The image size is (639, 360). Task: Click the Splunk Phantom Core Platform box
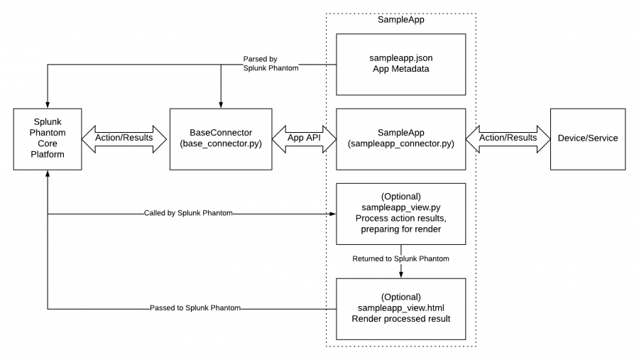click(x=48, y=139)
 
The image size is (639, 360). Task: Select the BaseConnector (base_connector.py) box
click(x=221, y=139)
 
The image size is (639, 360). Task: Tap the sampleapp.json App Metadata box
click(x=400, y=65)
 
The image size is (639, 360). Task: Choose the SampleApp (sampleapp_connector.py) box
click(x=400, y=139)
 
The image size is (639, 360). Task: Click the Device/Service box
click(x=588, y=139)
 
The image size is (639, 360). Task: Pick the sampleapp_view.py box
click(x=400, y=214)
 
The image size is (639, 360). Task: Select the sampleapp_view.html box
click(x=400, y=309)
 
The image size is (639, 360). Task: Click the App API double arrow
click(x=304, y=139)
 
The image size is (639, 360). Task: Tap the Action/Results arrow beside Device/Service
click(x=508, y=139)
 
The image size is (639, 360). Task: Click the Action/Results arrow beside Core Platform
click(x=124, y=139)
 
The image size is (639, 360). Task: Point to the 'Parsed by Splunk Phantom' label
click(x=271, y=64)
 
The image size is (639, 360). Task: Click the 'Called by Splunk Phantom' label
click(x=188, y=213)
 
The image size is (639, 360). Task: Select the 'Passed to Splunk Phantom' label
click(x=195, y=308)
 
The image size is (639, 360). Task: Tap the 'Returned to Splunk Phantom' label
click(x=400, y=258)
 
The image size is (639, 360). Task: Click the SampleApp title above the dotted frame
click(x=400, y=20)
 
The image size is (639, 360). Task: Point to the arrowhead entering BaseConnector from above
click(x=221, y=105)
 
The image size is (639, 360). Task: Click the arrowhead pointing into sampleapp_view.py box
click(x=333, y=214)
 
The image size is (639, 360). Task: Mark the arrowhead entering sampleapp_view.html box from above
click(x=401, y=276)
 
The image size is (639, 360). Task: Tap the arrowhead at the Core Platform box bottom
click(x=48, y=173)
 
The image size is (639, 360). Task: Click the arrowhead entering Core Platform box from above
click(x=48, y=105)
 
